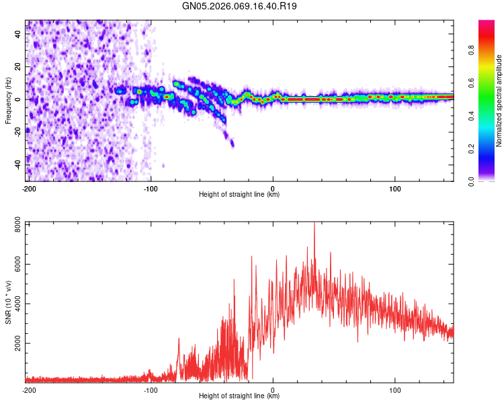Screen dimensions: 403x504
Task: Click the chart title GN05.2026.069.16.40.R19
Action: tap(240, 6)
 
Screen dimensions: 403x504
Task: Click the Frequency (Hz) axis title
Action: tap(8, 99)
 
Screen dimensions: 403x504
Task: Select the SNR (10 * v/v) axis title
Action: tap(8, 302)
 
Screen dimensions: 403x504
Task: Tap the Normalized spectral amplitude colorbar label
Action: tap(499, 100)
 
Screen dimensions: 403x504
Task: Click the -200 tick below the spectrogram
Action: tap(28, 188)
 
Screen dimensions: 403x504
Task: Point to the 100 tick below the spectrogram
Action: tap(395, 188)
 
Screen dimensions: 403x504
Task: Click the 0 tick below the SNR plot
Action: tap(273, 390)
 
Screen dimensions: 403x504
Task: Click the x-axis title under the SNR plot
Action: tap(239, 396)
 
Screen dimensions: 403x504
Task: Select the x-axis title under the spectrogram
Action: tap(239, 195)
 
